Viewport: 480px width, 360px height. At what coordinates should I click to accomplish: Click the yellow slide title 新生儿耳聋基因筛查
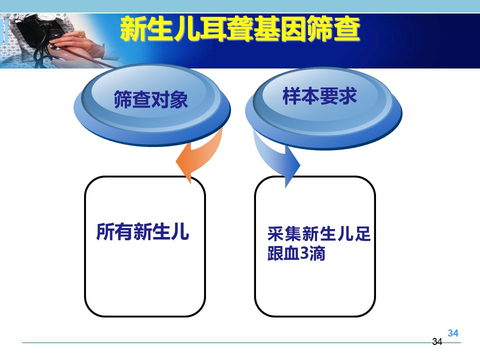[240, 29]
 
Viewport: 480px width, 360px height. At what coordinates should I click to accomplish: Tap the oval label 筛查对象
[151, 99]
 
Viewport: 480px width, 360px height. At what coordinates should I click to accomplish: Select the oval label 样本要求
[319, 96]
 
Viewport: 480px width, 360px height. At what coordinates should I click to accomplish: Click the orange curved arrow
[199, 154]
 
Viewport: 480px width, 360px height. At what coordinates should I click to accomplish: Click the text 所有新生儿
[142, 231]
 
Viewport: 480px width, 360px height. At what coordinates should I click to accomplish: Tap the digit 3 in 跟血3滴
[304, 253]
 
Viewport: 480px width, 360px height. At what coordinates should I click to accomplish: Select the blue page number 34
[453, 333]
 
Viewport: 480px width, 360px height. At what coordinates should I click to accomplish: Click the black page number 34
[437, 341]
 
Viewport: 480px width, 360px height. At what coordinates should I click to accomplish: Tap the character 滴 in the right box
[317, 253]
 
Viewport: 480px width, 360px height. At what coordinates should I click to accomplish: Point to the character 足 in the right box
[362, 234]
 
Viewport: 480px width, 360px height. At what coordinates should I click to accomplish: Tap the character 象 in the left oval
[179, 99]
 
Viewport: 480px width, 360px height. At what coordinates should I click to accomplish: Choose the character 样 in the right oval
[291, 96]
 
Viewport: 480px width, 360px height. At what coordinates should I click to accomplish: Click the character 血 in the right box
[292, 253]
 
